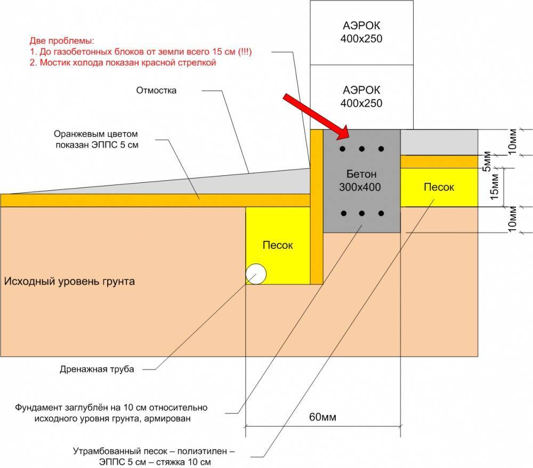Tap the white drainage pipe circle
click(256, 274)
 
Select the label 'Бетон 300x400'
click(360, 181)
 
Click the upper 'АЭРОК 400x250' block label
click(361, 32)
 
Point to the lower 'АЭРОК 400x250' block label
click(361, 96)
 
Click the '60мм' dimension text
click(322, 417)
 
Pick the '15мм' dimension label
click(494, 187)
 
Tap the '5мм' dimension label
click(487, 161)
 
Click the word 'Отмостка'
click(156, 91)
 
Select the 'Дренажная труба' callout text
click(97, 369)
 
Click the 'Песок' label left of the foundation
click(278, 245)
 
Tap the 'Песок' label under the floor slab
click(439, 187)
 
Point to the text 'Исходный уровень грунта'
click(69, 281)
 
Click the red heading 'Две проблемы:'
click(62, 41)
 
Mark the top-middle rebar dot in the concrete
click(362, 149)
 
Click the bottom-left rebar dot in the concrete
click(344, 213)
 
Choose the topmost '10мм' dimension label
click(512, 142)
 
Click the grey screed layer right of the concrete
click(439, 142)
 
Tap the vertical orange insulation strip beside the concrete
click(317, 207)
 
